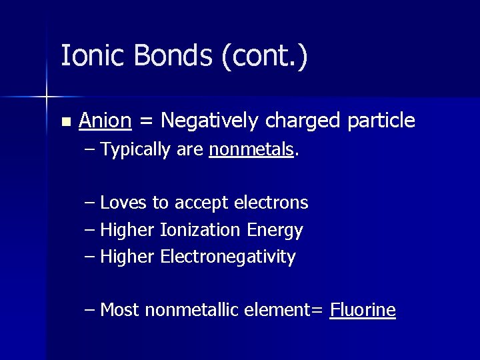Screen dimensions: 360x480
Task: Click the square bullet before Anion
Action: coord(65,122)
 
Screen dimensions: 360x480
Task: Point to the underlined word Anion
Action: coord(105,121)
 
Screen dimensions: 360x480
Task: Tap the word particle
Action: coord(382,121)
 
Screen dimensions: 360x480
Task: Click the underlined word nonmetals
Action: coord(251,150)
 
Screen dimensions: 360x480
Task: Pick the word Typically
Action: coord(135,151)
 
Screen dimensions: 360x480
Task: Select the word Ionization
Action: coord(200,231)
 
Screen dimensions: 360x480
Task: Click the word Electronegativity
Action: coord(228,257)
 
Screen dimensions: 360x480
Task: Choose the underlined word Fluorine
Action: coord(363,310)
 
